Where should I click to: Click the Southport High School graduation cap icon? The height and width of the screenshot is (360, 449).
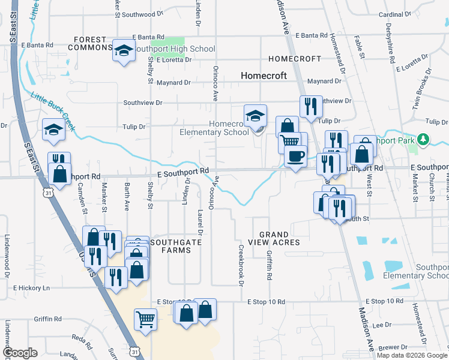tap(123, 50)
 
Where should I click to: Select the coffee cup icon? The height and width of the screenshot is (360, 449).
tap(295, 157)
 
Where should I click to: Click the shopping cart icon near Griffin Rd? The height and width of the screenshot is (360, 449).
tap(146, 319)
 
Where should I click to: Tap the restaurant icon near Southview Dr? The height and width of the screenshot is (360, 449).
tap(310, 106)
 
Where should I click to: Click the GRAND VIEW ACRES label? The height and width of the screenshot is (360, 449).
tap(279, 238)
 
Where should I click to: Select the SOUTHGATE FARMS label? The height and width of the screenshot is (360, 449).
tap(174, 246)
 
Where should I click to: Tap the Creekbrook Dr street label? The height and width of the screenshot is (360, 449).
tap(241, 265)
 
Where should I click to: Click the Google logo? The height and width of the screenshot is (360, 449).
tap(20, 353)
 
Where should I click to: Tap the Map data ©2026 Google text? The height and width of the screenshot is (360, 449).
tap(411, 355)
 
